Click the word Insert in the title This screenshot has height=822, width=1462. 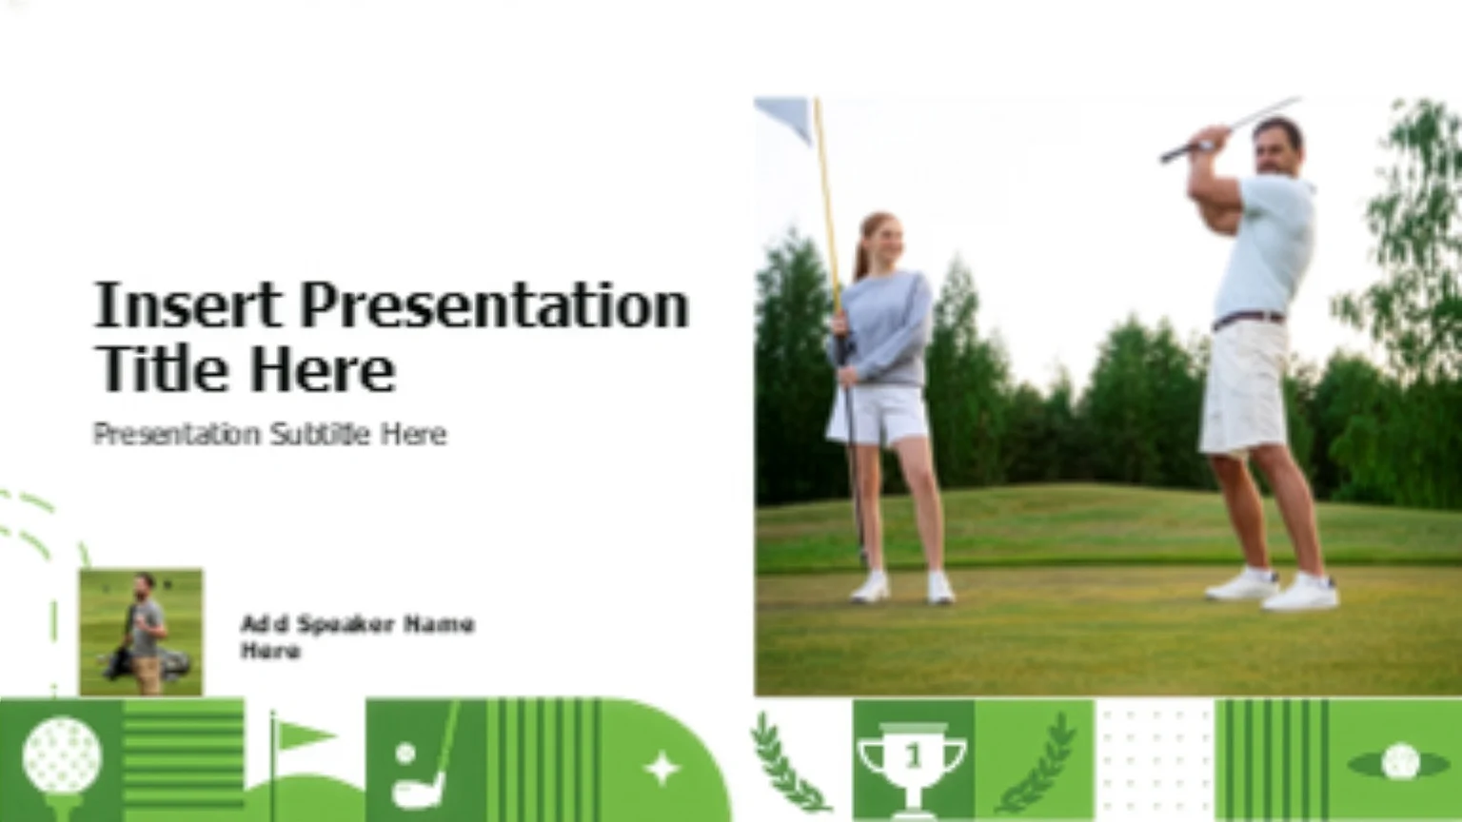188,304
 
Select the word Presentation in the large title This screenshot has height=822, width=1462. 495,306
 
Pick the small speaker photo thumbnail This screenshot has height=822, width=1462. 141,632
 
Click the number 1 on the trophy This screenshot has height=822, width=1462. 913,756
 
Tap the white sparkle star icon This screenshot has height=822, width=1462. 662,768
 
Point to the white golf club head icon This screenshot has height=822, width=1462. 418,791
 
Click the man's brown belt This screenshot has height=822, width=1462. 1248,319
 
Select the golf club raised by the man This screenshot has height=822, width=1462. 1231,129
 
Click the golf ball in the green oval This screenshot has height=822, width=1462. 1400,762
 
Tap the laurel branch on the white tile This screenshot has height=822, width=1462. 786,763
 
